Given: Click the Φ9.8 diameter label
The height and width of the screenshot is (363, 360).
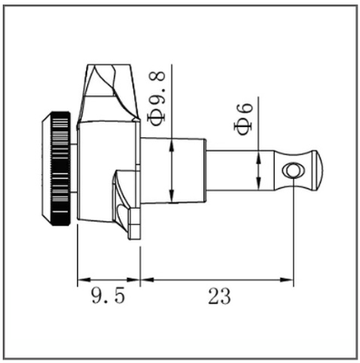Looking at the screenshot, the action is [158, 97].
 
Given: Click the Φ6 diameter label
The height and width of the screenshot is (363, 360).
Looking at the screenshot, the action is [243, 118].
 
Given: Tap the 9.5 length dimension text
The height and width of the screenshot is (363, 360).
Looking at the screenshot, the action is [108, 295].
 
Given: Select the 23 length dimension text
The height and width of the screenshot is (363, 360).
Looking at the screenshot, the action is [219, 296].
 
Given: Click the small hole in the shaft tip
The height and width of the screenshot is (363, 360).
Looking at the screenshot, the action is [293, 171].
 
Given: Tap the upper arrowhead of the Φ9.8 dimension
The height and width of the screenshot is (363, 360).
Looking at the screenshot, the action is [171, 145].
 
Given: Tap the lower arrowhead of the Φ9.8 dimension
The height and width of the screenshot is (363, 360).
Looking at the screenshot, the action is [171, 195].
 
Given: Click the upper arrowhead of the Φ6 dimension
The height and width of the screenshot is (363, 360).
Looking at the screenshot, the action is [258, 158].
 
